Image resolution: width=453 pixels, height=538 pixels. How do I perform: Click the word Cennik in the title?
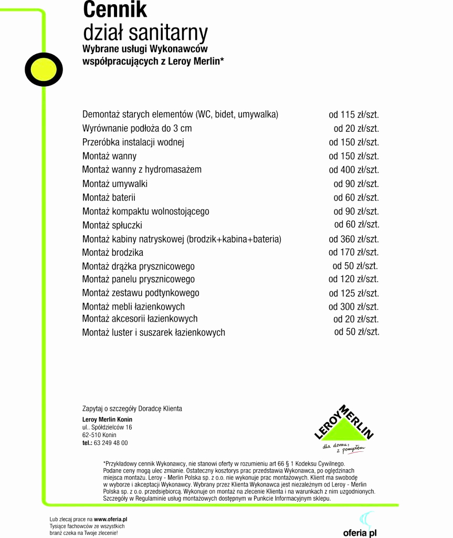pyautogui.click(x=115, y=10)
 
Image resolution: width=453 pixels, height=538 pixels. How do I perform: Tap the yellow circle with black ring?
pyautogui.click(x=44, y=70)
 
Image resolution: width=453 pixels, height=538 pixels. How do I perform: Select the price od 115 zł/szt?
pyautogui.click(x=354, y=115)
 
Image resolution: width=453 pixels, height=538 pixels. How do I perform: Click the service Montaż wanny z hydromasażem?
pyautogui.click(x=142, y=170)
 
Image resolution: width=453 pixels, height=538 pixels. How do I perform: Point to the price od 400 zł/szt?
pyautogui.click(x=354, y=170)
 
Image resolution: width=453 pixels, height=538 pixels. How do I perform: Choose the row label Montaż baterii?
pyautogui.click(x=109, y=198)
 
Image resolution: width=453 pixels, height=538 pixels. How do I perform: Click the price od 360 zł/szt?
pyautogui.click(x=354, y=239)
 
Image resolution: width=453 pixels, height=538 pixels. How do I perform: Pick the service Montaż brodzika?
pyautogui.click(x=112, y=253)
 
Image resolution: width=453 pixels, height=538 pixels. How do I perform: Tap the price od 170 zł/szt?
pyautogui.click(x=354, y=252)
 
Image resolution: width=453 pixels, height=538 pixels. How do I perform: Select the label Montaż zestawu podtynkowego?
pyautogui.click(x=141, y=293)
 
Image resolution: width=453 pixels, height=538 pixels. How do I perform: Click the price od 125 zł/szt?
pyautogui.click(x=354, y=293)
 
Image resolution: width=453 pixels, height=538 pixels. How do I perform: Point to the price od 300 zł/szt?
pyautogui.click(x=354, y=307)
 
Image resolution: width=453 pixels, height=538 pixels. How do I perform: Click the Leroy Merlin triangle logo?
pyautogui.click(x=344, y=426)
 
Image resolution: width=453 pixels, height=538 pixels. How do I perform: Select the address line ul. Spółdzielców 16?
pyautogui.click(x=107, y=428)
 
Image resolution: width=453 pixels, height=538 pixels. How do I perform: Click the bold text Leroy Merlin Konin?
pyautogui.click(x=107, y=420)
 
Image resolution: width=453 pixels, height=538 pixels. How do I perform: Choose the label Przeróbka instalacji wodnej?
pyautogui.click(x=133, y=142)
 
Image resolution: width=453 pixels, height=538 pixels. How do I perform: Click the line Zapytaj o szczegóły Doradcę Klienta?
pyautogui.click(x=132, y=409)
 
